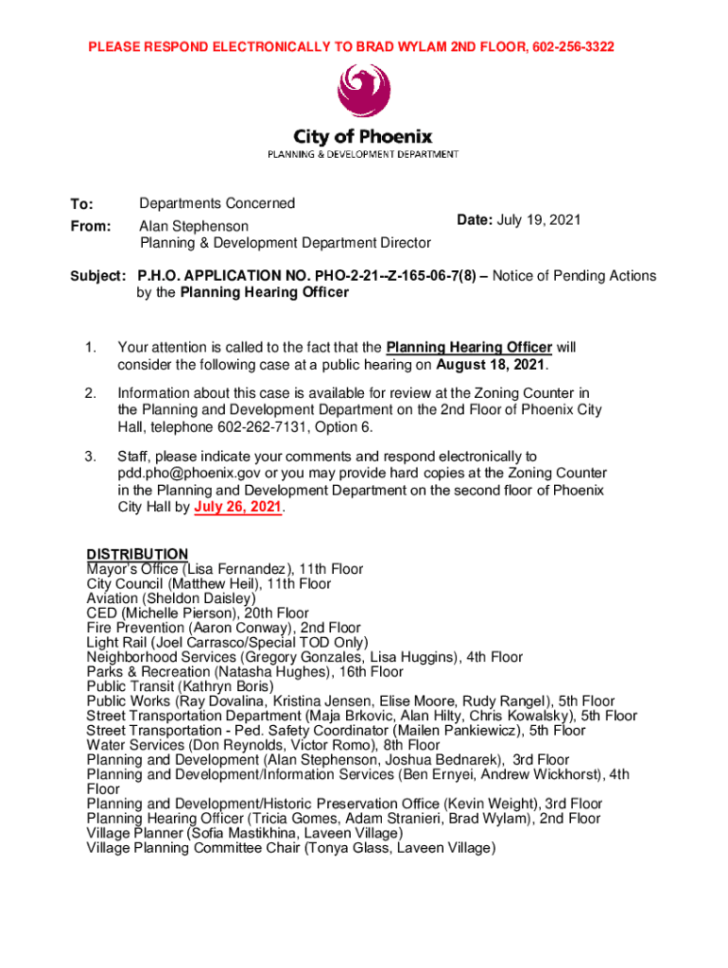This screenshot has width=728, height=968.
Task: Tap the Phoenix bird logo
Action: click(x=363, y=92)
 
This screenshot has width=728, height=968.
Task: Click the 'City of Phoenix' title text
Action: click(x=363, y=136)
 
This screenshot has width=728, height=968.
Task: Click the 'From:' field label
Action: click(x=91, y=227)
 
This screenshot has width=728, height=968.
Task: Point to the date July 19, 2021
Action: click(x=543, y=220)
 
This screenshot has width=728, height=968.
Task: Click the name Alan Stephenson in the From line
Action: click(x=195, y=227)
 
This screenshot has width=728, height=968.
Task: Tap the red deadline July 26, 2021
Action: click(x=238, y=508)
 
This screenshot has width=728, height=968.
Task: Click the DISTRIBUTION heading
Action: click(x=137, y=554)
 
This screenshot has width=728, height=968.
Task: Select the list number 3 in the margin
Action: click(x=91, y=457)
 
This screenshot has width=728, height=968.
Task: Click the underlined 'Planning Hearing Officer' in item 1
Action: click(x=469, y=348)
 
